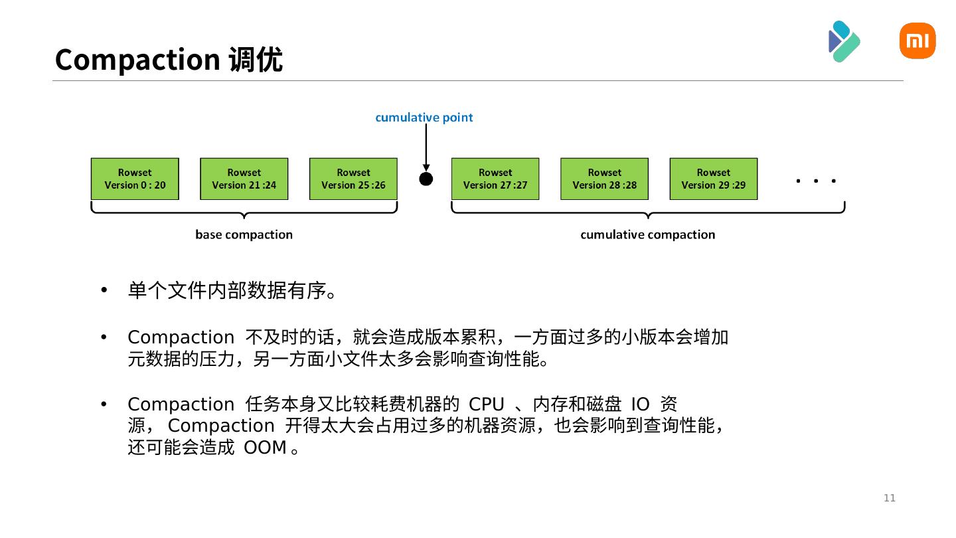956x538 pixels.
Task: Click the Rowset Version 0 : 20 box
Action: [x=135, y=179]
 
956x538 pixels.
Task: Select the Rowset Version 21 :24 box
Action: [x=244, y=179]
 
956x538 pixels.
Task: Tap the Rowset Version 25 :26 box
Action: [x=353, y=179]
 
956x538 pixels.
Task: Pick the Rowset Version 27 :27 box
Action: [x=495, y=179]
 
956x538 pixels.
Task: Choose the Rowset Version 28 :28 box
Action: [x=604, y=179]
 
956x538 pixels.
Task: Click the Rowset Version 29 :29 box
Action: [x=713, y=179]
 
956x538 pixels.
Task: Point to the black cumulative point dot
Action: [x=426, y=179]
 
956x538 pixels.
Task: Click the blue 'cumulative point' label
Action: [x=424, y=118]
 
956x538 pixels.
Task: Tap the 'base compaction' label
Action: [x=244, y=234]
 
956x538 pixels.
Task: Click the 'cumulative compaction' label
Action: [x=647, y=234]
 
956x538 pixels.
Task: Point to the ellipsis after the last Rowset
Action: [x=815, y=181]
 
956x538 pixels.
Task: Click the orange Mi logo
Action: [x=917, y=41]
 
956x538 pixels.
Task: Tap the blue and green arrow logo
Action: [x=844, y=41]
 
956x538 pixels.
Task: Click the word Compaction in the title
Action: [x=137, y=60]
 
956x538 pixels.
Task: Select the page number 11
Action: [x=890, y=498]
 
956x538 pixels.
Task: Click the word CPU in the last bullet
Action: [x=486, y=404]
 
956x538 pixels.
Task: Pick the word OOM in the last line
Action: [x=265, y=448]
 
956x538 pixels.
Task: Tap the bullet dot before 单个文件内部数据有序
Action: [x=104, y=291]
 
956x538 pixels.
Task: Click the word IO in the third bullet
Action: [x=640, y=404]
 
